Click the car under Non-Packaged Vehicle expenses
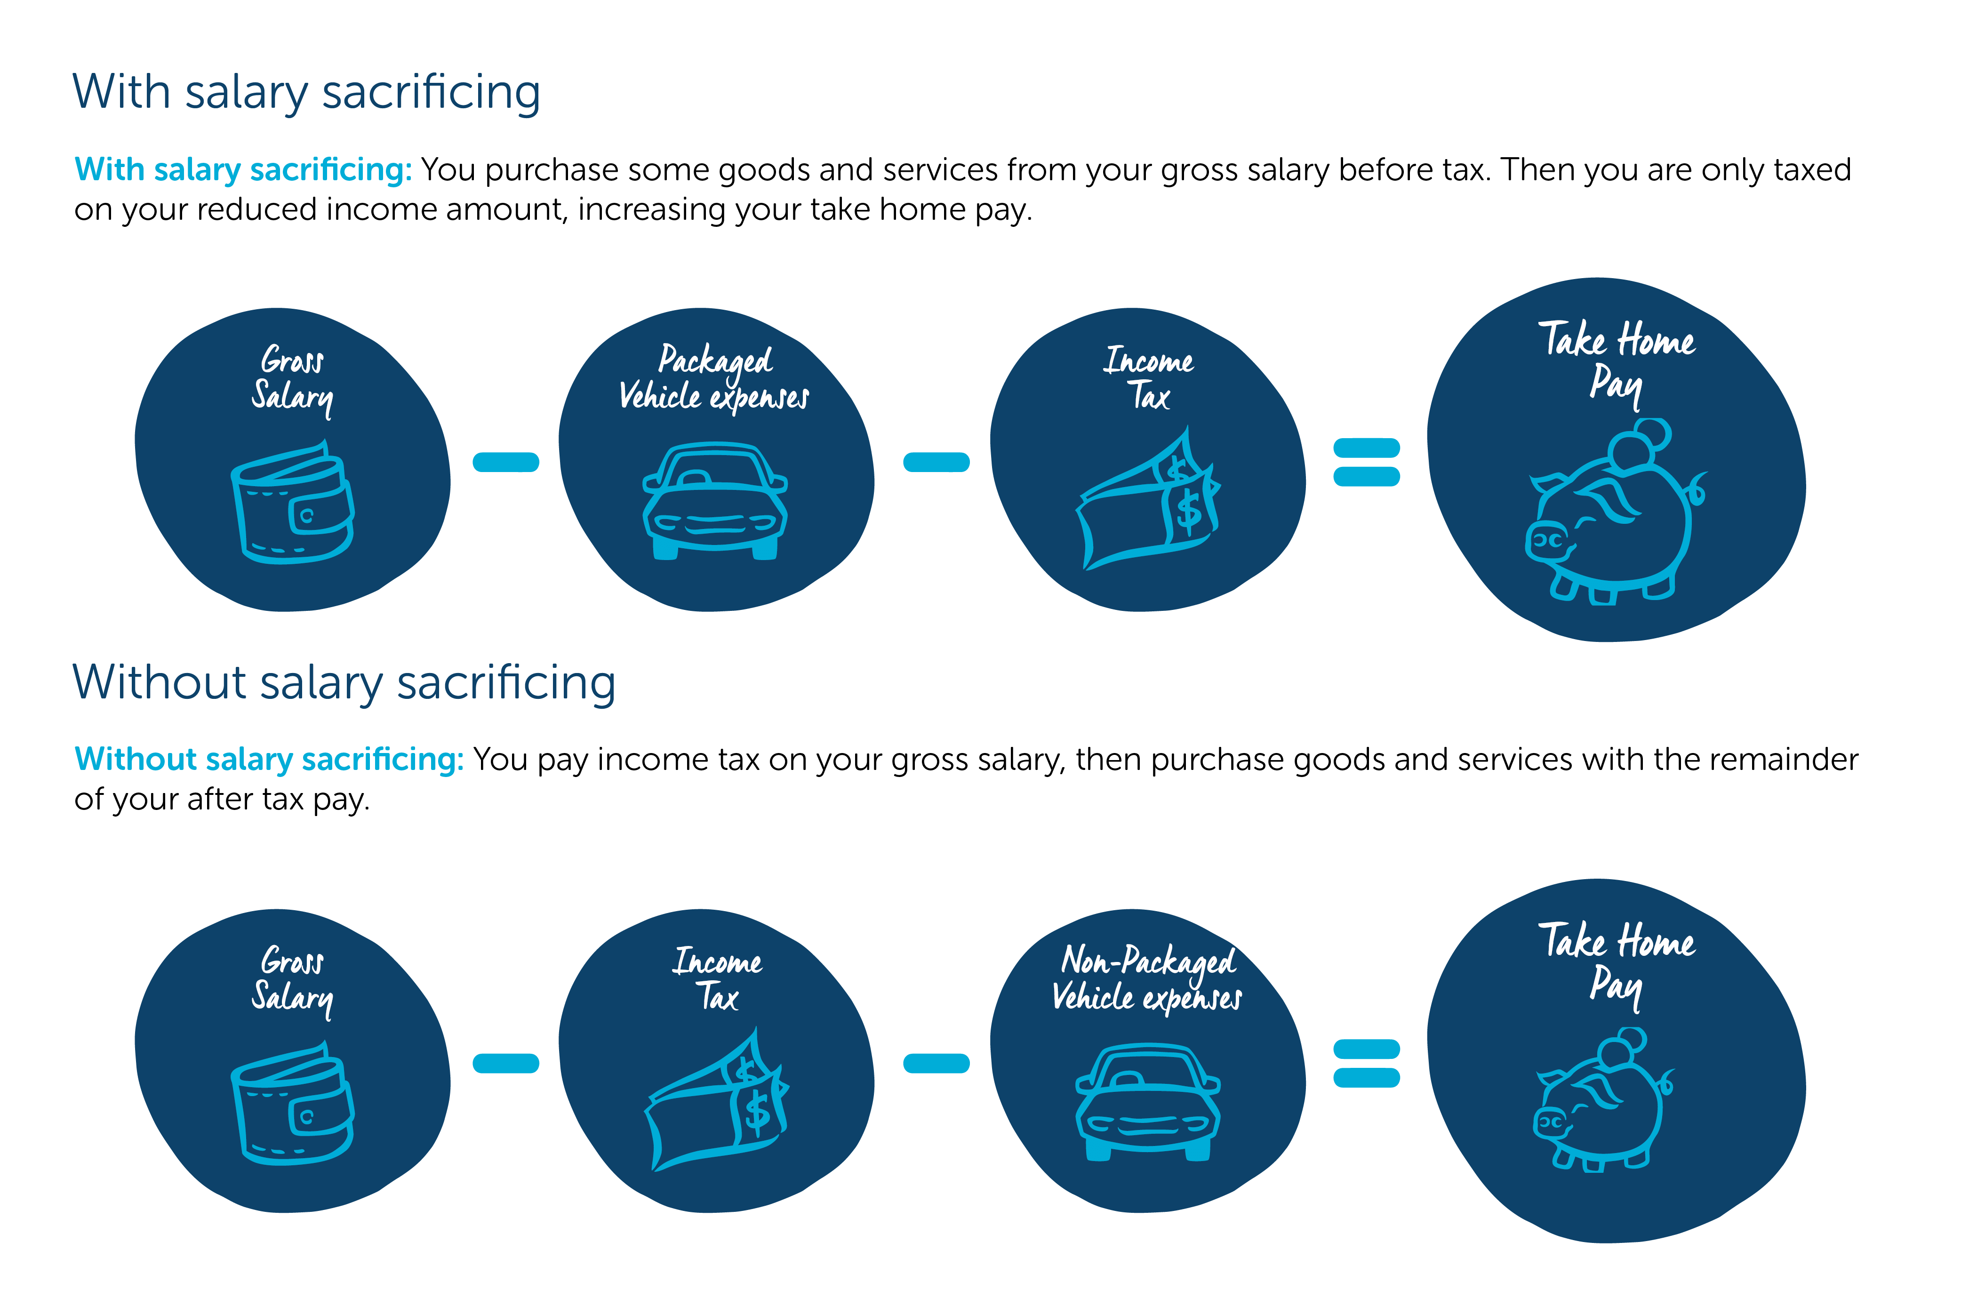pyautogui.click(x=1147, y=1102)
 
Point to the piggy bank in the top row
pyautogui.click(x=1613, y=515)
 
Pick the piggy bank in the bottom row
pyautogui.click(x=1602, y=1102)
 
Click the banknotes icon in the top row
pyautogui.click(x=1147, y=503)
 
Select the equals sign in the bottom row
pyautogui.click(x=1366, y=1063)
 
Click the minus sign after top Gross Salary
pyautogui.click(x=505, y=462)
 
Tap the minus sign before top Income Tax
pyautogui.click(x=936, y=462)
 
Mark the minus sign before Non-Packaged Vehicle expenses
pyautogui.click(x=936, y=1063)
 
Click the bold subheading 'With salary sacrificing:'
pyautogui.click(x=243, y=170)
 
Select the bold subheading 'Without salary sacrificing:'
pyautogui.click(x=269, y=759)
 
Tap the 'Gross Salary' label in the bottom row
pyautogui.click(x=292, y=979)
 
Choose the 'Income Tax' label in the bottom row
pyautogui.click(x=717, y=979)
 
